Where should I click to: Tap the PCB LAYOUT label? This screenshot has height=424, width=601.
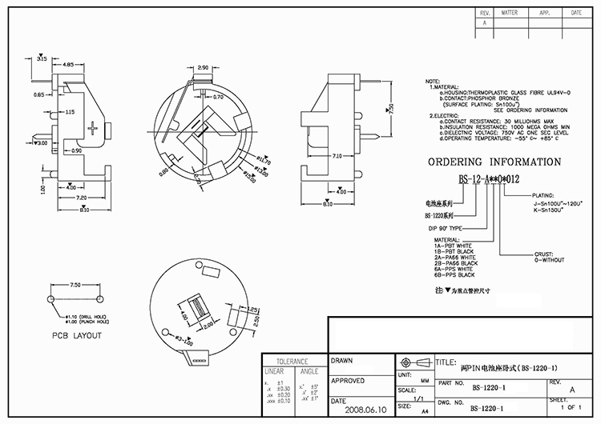[x=77, y=335]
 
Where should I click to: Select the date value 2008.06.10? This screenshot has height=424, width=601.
[x=364, y=409]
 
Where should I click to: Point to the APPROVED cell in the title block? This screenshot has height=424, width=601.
[x=349, y=381]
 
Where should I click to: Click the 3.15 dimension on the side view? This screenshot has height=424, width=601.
[x=42, y=58]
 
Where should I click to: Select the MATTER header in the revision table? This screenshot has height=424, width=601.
[x=509, y=14]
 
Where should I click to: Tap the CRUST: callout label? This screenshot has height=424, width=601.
[x=546, y=254]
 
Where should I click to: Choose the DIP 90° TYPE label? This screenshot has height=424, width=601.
[x=445, y=228]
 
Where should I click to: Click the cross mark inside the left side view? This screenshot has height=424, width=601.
[x=95, y=128]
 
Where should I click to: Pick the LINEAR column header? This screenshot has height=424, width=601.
[x=275, y=371]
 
